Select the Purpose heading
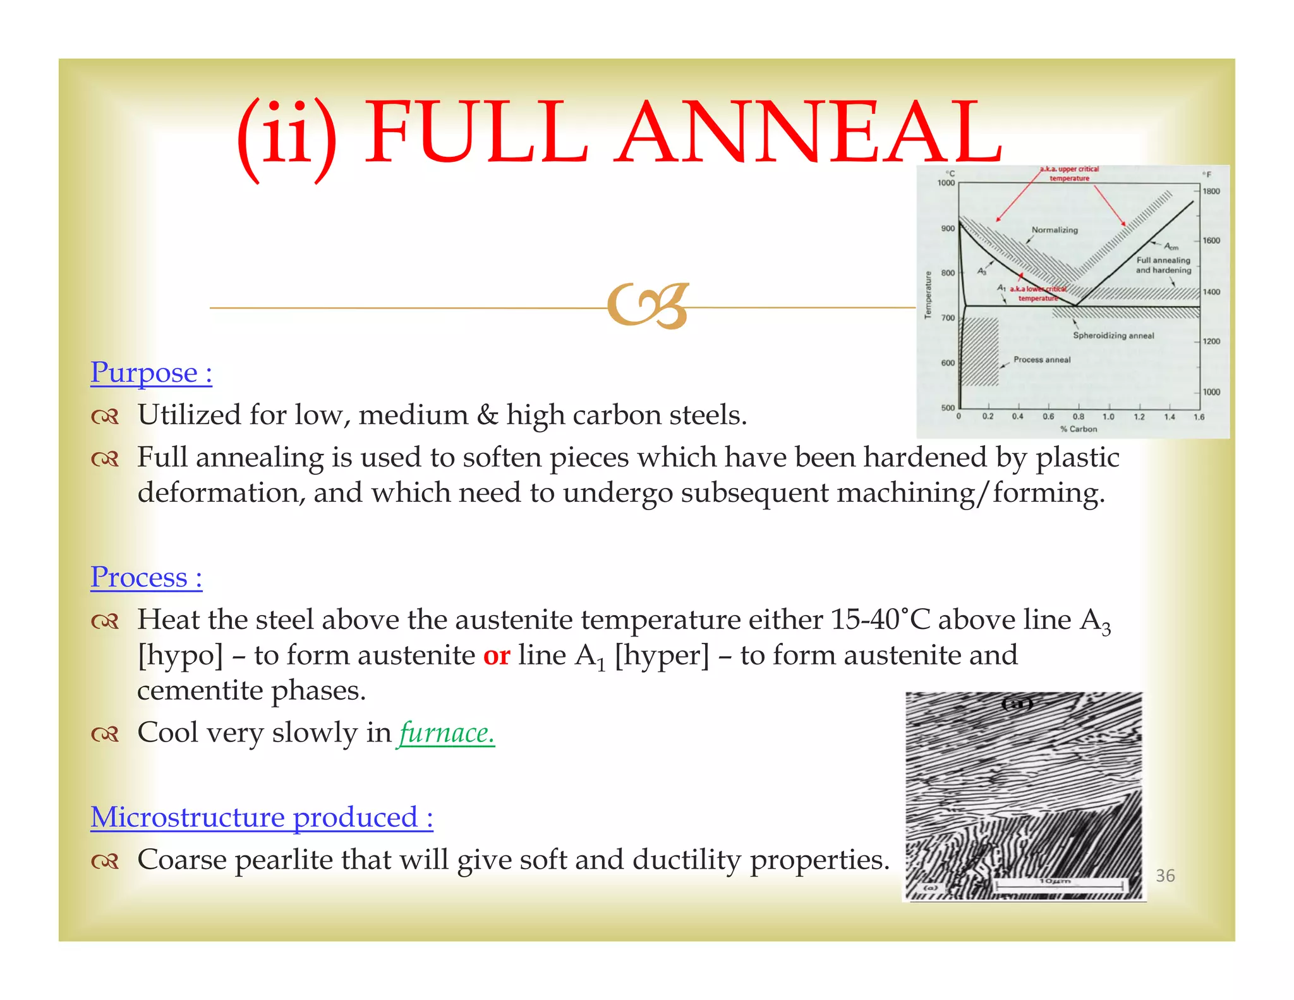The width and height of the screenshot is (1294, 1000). (x=151, y=372)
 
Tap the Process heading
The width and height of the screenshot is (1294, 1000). (x=146, y=577)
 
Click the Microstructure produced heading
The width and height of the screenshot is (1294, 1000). (x=262, y=817)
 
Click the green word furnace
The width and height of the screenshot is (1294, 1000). (x=446, y=733)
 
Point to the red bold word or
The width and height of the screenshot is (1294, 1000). (x=497, y=655)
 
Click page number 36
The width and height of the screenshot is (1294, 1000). (x=1165, y=875)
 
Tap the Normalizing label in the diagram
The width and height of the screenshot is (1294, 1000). (x=1055, y=230)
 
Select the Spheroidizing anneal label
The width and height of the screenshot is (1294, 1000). (x=1113, y=336)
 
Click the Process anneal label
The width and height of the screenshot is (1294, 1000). (x=1042, y=360)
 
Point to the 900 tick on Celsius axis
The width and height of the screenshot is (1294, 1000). (x=948, y=228)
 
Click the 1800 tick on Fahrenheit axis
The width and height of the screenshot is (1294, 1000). (x=1211, y=192)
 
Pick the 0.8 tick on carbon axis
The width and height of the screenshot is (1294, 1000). (x=1079, y=417)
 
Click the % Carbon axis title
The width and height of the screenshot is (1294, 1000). (x=1079, y=429)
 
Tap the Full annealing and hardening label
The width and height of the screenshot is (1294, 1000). (x=1163, y=265)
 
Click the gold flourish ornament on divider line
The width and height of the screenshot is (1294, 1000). (x=648, y=307)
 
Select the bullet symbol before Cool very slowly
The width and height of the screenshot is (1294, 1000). (x=104, y=734)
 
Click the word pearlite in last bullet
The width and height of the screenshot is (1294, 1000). (x=277, y=860)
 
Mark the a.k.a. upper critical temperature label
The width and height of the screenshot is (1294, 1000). (x=1070, y=173)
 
